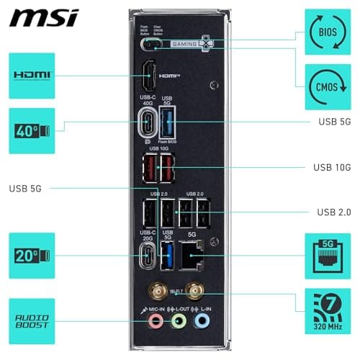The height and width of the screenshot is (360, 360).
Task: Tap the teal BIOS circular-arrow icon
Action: point(328,32)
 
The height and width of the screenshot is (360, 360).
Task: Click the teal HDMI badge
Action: point(32,76)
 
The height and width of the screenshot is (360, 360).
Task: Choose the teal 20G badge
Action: point(32,256)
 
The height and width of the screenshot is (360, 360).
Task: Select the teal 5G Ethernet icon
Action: point(328,256)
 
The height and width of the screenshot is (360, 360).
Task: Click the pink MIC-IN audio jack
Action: point(154,319)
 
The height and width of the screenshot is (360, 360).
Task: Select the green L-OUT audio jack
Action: point(179,319)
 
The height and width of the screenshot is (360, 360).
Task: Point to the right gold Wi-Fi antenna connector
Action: point(193,292)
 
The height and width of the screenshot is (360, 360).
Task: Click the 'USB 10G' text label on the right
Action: point(331,168)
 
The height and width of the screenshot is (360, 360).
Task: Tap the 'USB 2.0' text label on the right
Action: point(333,212)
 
